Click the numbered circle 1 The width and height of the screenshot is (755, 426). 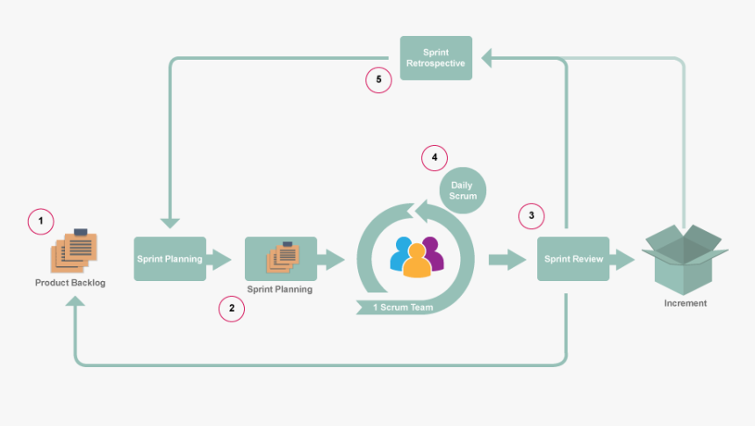(x=40, y=221)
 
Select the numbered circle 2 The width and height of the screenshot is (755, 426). (x=231, y=308)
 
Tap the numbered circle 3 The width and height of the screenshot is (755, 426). (x=530, y=215)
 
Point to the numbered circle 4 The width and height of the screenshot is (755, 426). (x=434, y=158)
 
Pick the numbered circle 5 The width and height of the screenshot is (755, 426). (x=378, y=80)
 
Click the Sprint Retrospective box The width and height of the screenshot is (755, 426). (x=435, y=58)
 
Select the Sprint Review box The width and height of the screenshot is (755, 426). (x=572, y=259)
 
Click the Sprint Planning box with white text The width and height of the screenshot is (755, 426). (x=169, y=259)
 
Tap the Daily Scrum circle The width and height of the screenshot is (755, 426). (x=464, y=190)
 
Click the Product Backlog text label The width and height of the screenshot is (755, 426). (x=70, y=283)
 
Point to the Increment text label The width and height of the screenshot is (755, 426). (x=685, y=303)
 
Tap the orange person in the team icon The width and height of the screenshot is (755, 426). (x=417, y=260)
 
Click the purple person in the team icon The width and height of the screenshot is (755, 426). (x=431, y=252)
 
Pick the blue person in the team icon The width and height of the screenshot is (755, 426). (x=402, y=254)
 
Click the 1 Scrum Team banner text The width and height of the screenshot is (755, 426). (x=403, y=307)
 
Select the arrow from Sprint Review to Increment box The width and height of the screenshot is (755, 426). (x=623, y=259)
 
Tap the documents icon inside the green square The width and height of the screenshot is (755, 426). (x=281, y=257)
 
